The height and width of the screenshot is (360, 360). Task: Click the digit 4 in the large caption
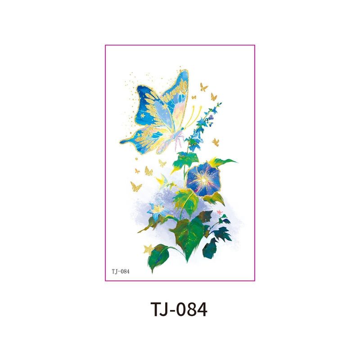tap(201, 310)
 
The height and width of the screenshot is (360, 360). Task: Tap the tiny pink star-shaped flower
tap(220, 211)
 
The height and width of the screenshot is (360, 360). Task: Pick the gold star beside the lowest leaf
tap(148, 249)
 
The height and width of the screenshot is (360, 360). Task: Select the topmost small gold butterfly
tap(204, 86)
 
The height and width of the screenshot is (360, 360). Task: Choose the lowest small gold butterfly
tap(135, 186)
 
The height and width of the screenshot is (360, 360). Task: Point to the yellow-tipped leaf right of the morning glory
tap(225, 162)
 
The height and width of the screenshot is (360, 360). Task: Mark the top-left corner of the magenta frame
tap(105, 45)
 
